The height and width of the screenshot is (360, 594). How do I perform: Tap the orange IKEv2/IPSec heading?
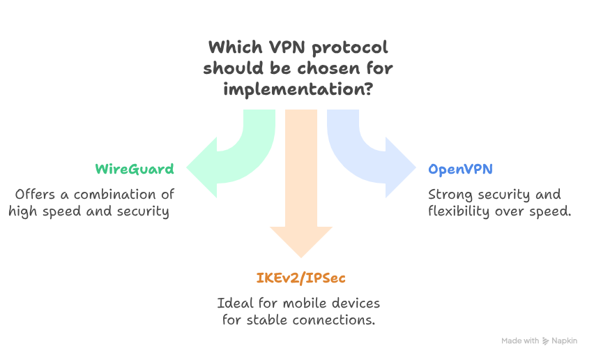[x=300, y=278]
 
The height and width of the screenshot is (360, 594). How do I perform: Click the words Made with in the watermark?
[x=520, y=341]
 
